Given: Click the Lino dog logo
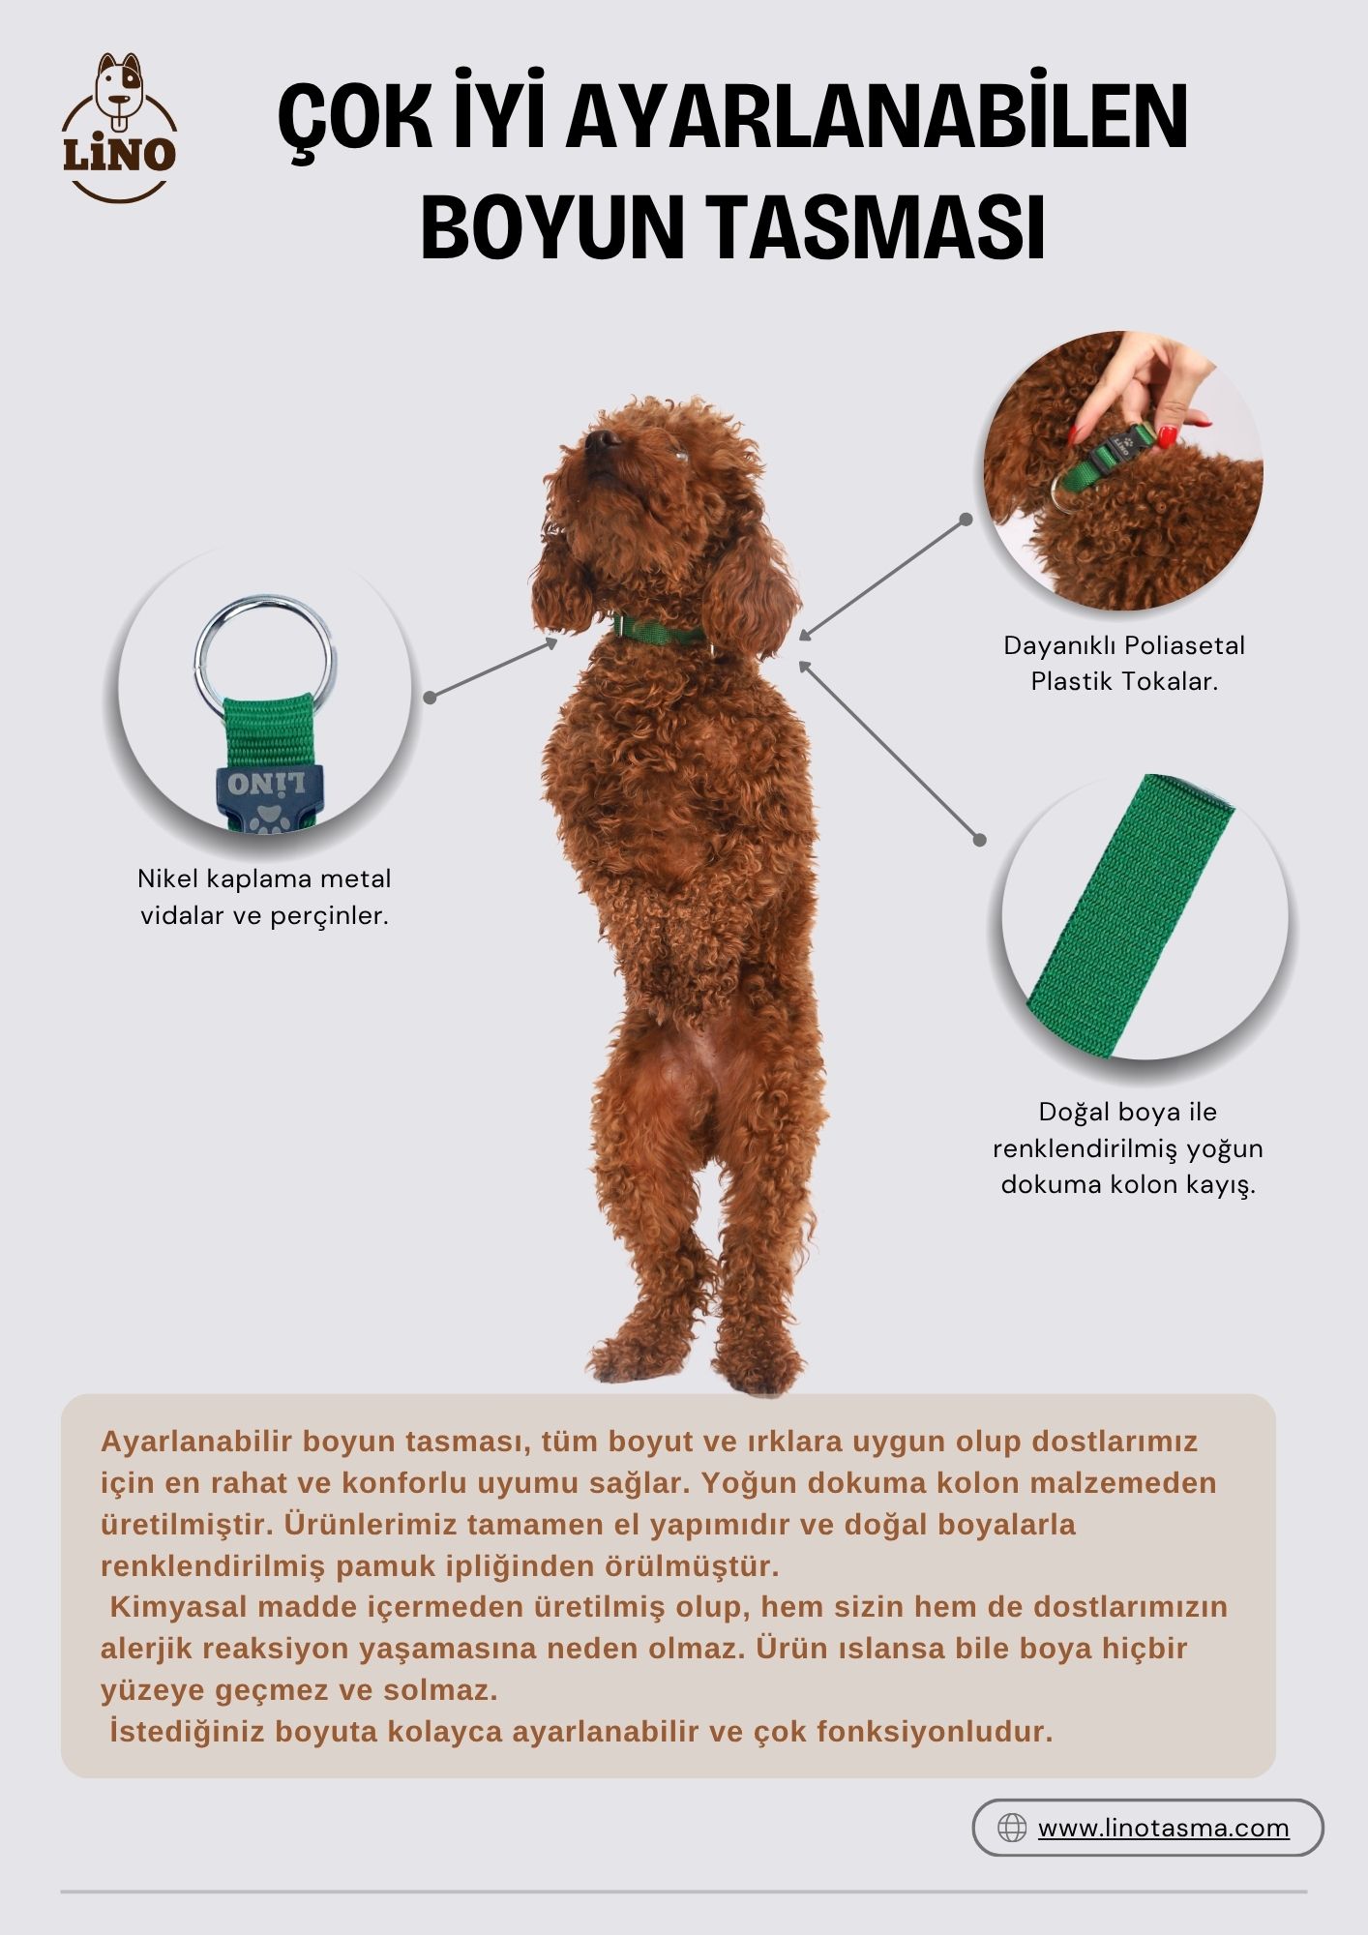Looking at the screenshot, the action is (120, 127).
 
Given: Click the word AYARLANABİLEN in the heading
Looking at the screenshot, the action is (877, 120).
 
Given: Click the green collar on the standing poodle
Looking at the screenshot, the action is (662, 632).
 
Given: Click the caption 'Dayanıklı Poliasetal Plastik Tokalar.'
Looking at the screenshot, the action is (1124, 663).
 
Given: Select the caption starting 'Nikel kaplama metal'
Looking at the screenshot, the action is (264, 897).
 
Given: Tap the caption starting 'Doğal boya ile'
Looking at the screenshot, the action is (1128, 1147).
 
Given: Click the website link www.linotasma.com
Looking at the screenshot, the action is (1164, 1828).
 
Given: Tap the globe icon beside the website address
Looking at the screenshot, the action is (1012, 1828).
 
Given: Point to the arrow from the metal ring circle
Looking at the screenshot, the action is (493, 668).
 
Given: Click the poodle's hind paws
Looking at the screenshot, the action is (696, 1358).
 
